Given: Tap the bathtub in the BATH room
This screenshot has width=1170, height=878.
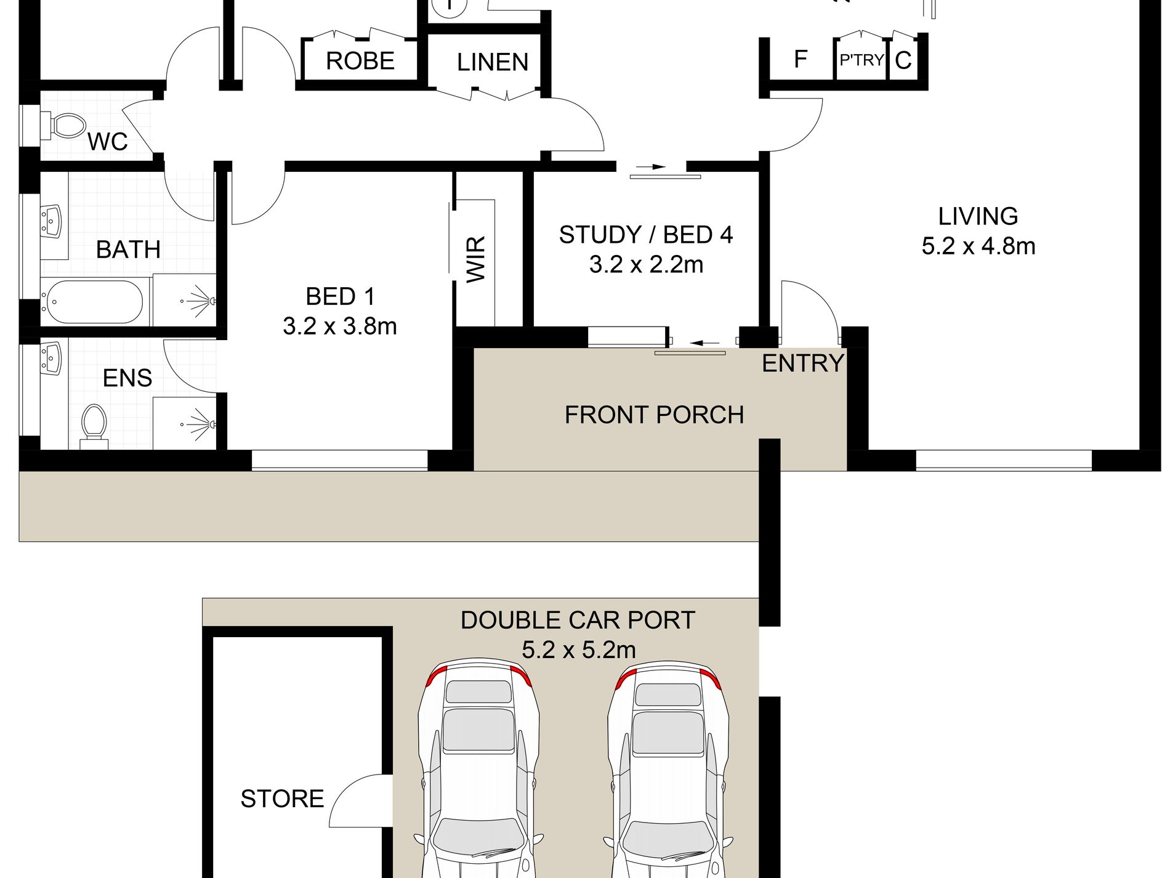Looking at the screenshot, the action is pos(92,302).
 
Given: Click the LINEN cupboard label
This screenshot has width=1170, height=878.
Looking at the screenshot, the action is pos(493,62).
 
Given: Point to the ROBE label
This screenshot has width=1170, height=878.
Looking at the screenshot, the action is pos(360,61).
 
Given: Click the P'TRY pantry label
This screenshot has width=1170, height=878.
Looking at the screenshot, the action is pos(861,60).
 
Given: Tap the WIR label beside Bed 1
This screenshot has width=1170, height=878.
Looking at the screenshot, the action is pos(477,259).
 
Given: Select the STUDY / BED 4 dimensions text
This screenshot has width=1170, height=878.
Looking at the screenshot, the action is pos(646,264).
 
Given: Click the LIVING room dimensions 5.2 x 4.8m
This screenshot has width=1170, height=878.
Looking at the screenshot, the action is pos(978,246).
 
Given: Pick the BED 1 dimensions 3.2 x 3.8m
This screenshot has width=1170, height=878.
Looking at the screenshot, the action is pos(340,326).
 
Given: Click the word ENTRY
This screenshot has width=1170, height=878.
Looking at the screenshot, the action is pos(803,364).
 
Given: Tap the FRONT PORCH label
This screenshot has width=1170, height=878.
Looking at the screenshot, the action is pos(655,415).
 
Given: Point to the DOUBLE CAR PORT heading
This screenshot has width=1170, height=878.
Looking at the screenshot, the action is pos(578,620).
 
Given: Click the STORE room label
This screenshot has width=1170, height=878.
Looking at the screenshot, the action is pos(282,799).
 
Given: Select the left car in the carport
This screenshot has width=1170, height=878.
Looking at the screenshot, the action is pos(478,767).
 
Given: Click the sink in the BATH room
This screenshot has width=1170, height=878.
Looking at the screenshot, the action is pos(52,222).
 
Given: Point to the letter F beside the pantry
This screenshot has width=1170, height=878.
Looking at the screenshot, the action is pos(801,59).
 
